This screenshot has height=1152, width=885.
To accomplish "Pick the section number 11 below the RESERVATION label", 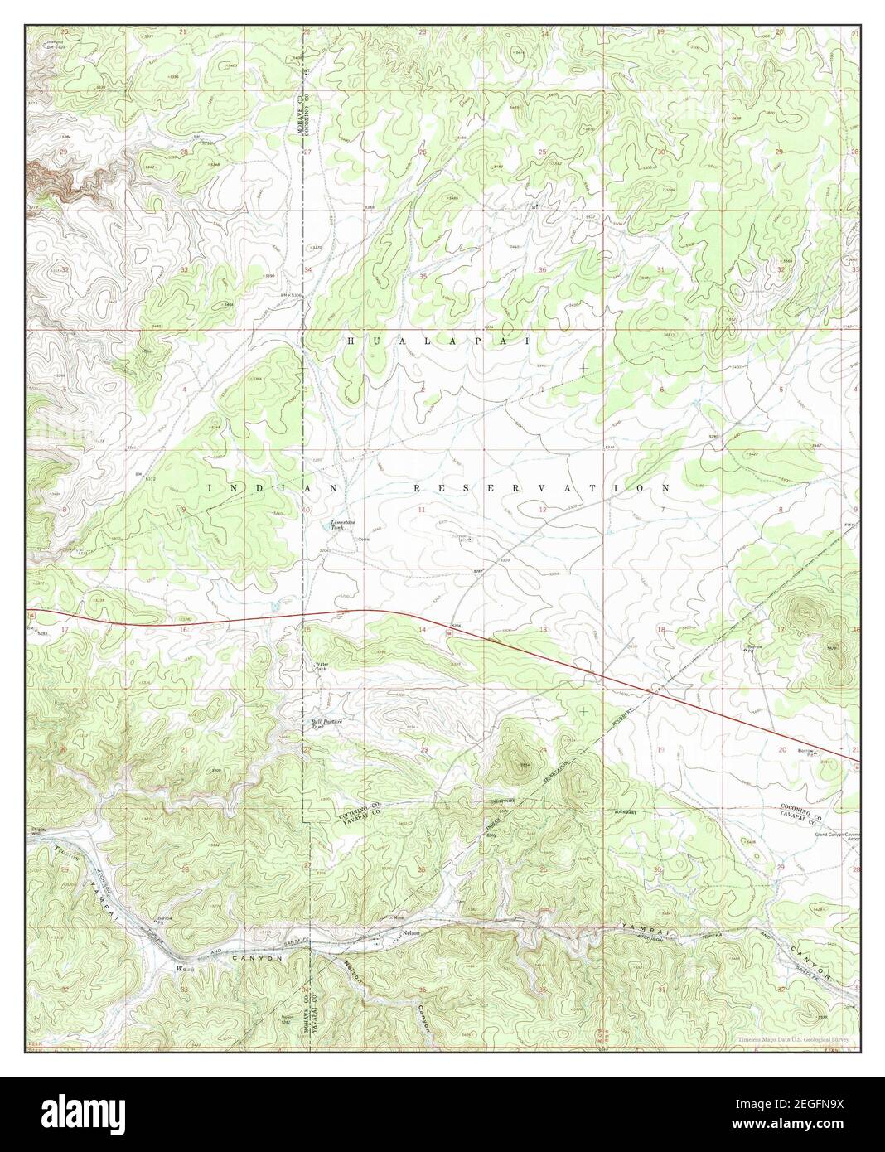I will (422, 509).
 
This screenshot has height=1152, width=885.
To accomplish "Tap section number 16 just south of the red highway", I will (184, 630).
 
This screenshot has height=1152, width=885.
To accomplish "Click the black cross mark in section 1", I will (584, 366).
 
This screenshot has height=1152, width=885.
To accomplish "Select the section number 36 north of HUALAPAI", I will (542, 269).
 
